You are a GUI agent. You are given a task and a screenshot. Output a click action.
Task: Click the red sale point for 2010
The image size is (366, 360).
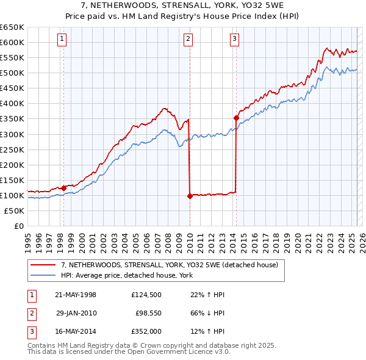pos(190,196)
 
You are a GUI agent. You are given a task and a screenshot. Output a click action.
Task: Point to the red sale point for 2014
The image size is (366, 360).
pos(236,118)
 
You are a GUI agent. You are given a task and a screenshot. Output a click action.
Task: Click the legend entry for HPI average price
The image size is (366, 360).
pos(126,275)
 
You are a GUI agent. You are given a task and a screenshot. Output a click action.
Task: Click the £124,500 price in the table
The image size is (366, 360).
pos(146,295)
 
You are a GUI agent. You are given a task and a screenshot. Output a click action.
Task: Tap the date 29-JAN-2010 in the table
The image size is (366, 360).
pos(76,313)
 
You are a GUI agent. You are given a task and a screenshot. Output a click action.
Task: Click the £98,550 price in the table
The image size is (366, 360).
pos(148,313)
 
